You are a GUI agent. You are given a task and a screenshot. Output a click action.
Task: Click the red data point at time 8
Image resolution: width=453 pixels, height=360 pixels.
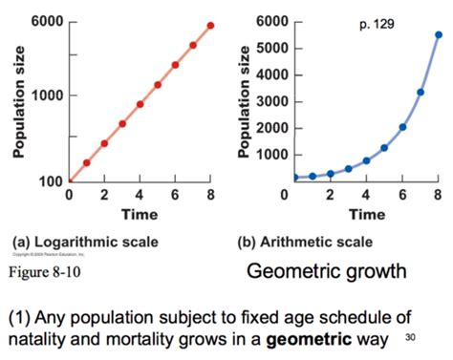coord(211,26)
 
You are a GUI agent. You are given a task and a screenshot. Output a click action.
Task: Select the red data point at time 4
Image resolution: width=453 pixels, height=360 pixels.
coord(140,104)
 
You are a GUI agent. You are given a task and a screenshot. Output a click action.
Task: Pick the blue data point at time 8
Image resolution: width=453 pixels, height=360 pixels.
coord(439,34)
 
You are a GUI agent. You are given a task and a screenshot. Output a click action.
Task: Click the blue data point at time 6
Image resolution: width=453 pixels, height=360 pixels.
coord(402,127)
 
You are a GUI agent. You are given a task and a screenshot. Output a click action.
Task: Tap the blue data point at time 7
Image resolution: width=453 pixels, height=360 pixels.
coord(421,93)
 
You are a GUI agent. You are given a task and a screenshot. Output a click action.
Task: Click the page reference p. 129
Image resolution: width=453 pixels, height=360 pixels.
coord(377,23)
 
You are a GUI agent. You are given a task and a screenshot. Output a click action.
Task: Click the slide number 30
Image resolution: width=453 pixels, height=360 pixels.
coord(412,337)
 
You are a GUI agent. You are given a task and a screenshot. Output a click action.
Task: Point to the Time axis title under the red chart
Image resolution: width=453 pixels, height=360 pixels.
coord(140,214)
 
